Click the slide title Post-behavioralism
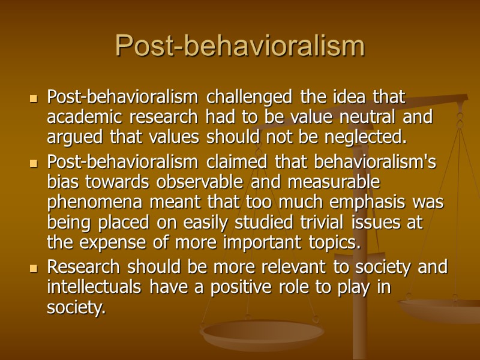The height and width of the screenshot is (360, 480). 239,46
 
